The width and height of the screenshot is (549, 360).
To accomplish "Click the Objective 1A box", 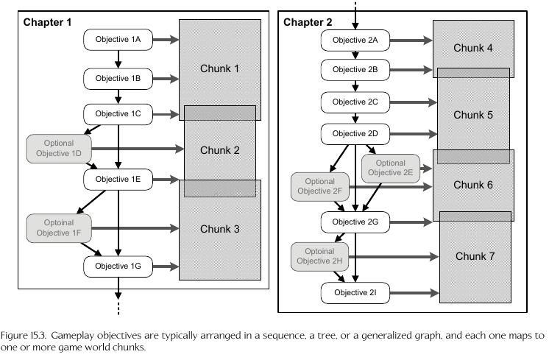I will click(x=118, y=39).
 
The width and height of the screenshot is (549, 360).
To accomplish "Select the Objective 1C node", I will click(x=118, y=114).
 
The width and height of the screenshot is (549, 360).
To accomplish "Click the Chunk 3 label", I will click(x=220, y=229).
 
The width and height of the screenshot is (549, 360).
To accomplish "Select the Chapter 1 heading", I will click(x=47, y=22).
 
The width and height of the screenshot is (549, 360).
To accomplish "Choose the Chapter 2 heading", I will click(x=308, y=22).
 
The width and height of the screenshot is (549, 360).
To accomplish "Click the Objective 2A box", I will click(x=355, y=39).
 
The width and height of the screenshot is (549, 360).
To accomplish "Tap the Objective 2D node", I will click(x=355, y=134).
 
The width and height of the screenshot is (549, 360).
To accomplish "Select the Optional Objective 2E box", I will click(x=390, y=168).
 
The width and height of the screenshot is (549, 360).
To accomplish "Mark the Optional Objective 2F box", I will click(x=319, y=187).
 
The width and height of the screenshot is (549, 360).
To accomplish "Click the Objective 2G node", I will click(x=355, y=222).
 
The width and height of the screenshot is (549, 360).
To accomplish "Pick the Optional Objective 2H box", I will click(x=319, y=255).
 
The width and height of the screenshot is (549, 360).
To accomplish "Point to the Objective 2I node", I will click(x=355, y=293).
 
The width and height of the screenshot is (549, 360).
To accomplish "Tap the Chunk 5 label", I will click(x=473, y=115).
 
